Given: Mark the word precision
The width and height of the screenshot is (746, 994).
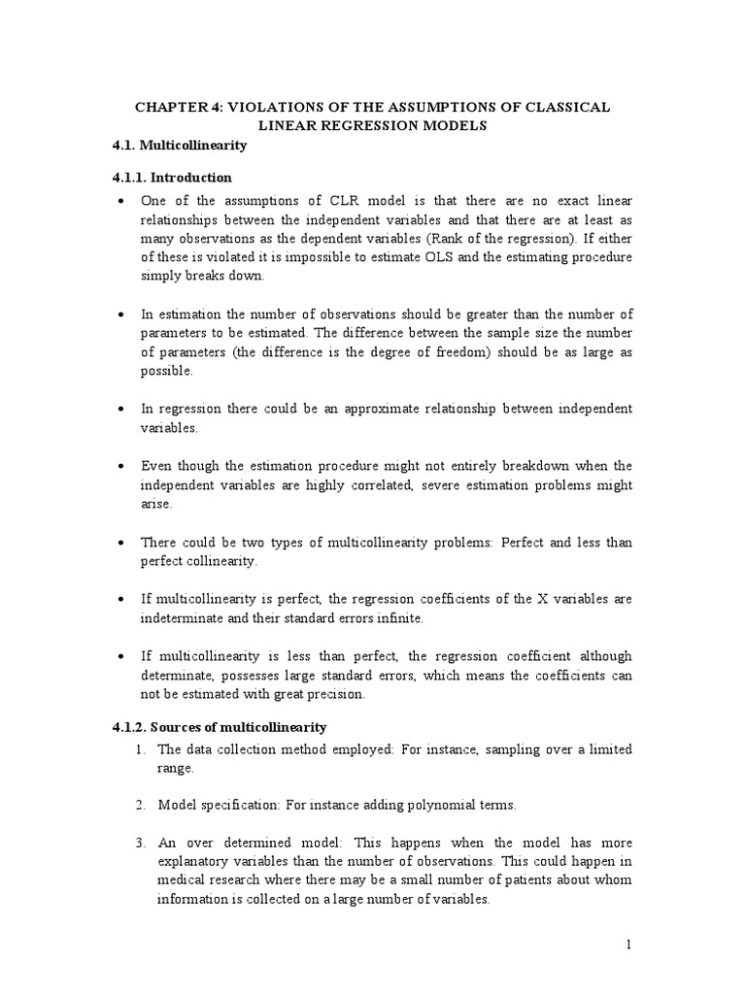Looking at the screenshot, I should [337, 694].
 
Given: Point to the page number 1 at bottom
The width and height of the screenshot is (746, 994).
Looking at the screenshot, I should [629, 945].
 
